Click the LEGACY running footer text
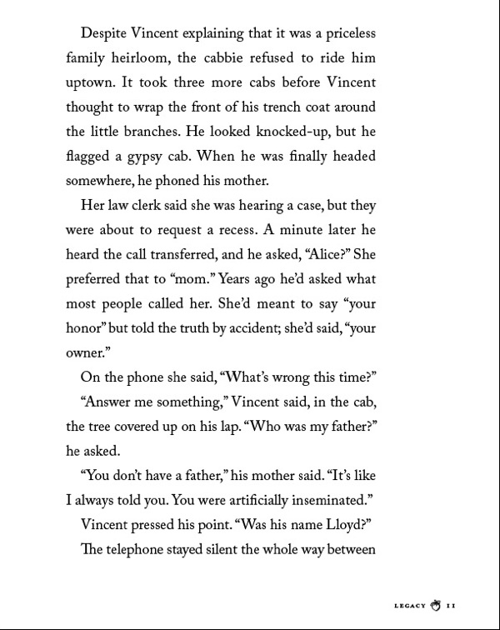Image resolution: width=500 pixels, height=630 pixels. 407,606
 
